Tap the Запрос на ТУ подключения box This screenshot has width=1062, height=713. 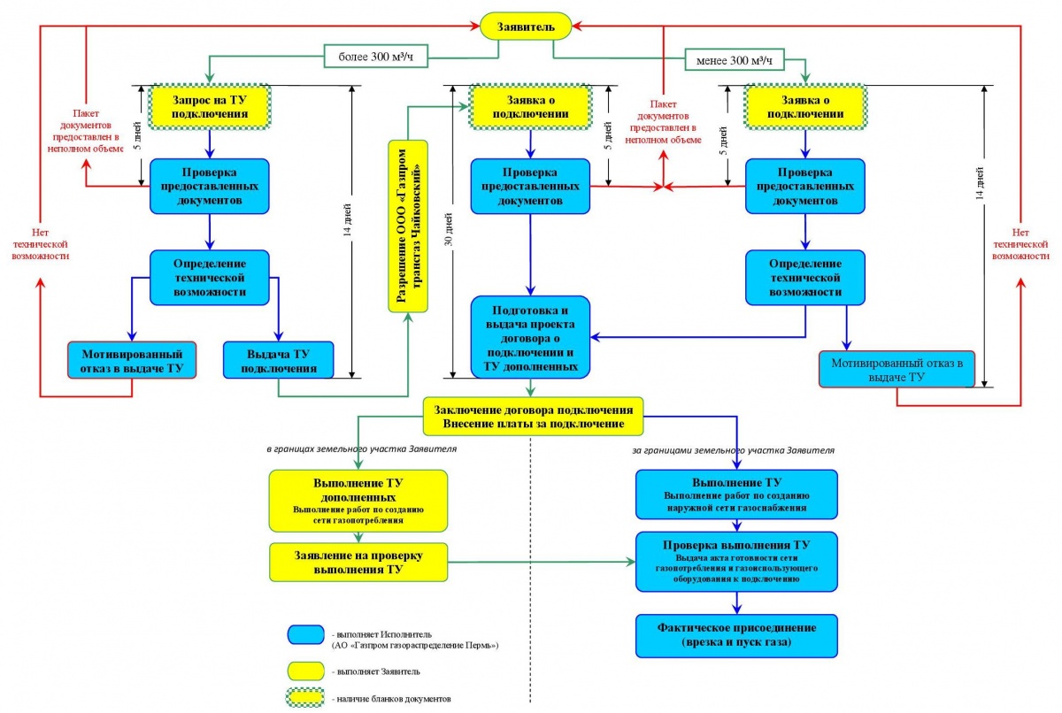(209, 106)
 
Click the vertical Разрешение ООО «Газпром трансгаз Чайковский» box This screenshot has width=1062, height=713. (407, 226)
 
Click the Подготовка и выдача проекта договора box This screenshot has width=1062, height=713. (530, 336)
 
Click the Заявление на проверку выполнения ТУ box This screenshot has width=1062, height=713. (358, 563)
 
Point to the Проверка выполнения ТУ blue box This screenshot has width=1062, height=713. (736, 562)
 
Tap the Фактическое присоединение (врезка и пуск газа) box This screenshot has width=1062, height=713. (736, 634)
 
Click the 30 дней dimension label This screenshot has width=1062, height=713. (452, 230)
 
